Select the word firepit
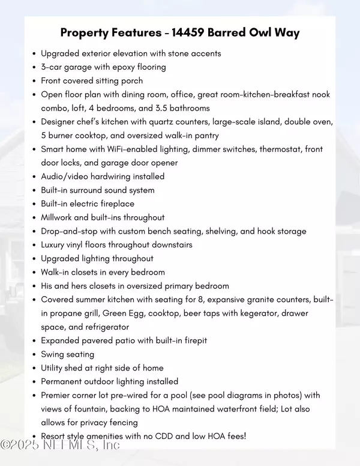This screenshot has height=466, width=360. coord(193,340)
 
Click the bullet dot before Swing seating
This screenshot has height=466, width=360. coord(34,354)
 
